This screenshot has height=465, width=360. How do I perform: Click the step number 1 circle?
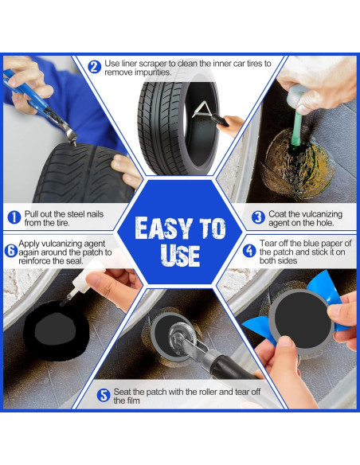pos(14,217)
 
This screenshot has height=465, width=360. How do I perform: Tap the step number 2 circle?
pos(94,67)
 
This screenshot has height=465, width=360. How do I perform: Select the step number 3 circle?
pos(258,217)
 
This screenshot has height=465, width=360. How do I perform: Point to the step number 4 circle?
pos(249,251)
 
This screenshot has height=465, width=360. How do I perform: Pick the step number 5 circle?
pos(104,395)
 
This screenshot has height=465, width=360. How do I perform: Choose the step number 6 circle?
pos(10,251)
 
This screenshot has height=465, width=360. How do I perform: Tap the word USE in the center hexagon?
pos(180,255)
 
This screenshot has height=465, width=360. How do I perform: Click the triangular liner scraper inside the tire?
pos(202,109)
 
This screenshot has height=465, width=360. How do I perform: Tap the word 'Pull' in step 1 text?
pos(31,214)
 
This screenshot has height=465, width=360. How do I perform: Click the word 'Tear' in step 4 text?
pos(269,243)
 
